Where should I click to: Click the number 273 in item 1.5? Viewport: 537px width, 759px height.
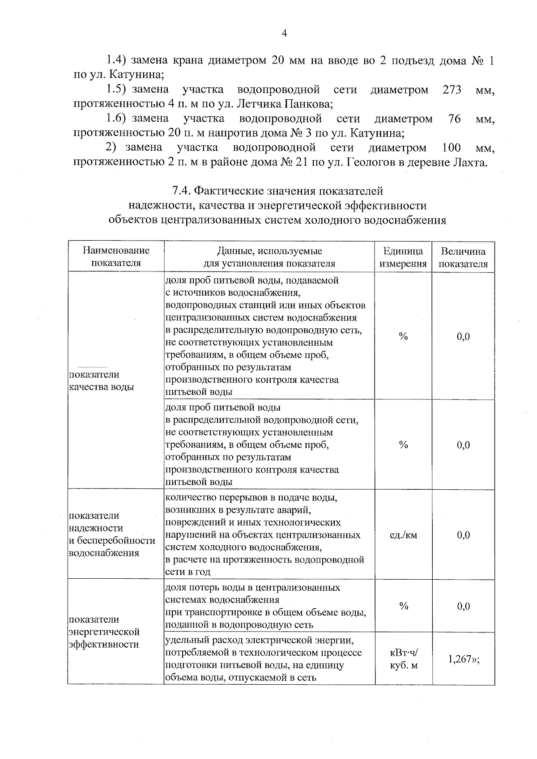(x=452, y=90)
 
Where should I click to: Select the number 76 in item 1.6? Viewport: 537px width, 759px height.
(x=454, y=119)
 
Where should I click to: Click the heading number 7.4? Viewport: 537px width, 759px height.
(x=182, y=191)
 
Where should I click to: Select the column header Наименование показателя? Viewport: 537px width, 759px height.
(x=116, y=256)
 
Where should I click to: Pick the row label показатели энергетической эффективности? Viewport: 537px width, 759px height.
(x=104, y=632)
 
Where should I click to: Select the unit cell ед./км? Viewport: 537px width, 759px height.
(x=403, y=535)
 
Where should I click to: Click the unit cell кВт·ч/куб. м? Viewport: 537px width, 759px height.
(x=403, y=659)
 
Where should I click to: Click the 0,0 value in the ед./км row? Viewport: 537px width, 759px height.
(x=463, y=535)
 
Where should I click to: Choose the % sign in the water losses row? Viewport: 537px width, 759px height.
(x=403, y=606)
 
